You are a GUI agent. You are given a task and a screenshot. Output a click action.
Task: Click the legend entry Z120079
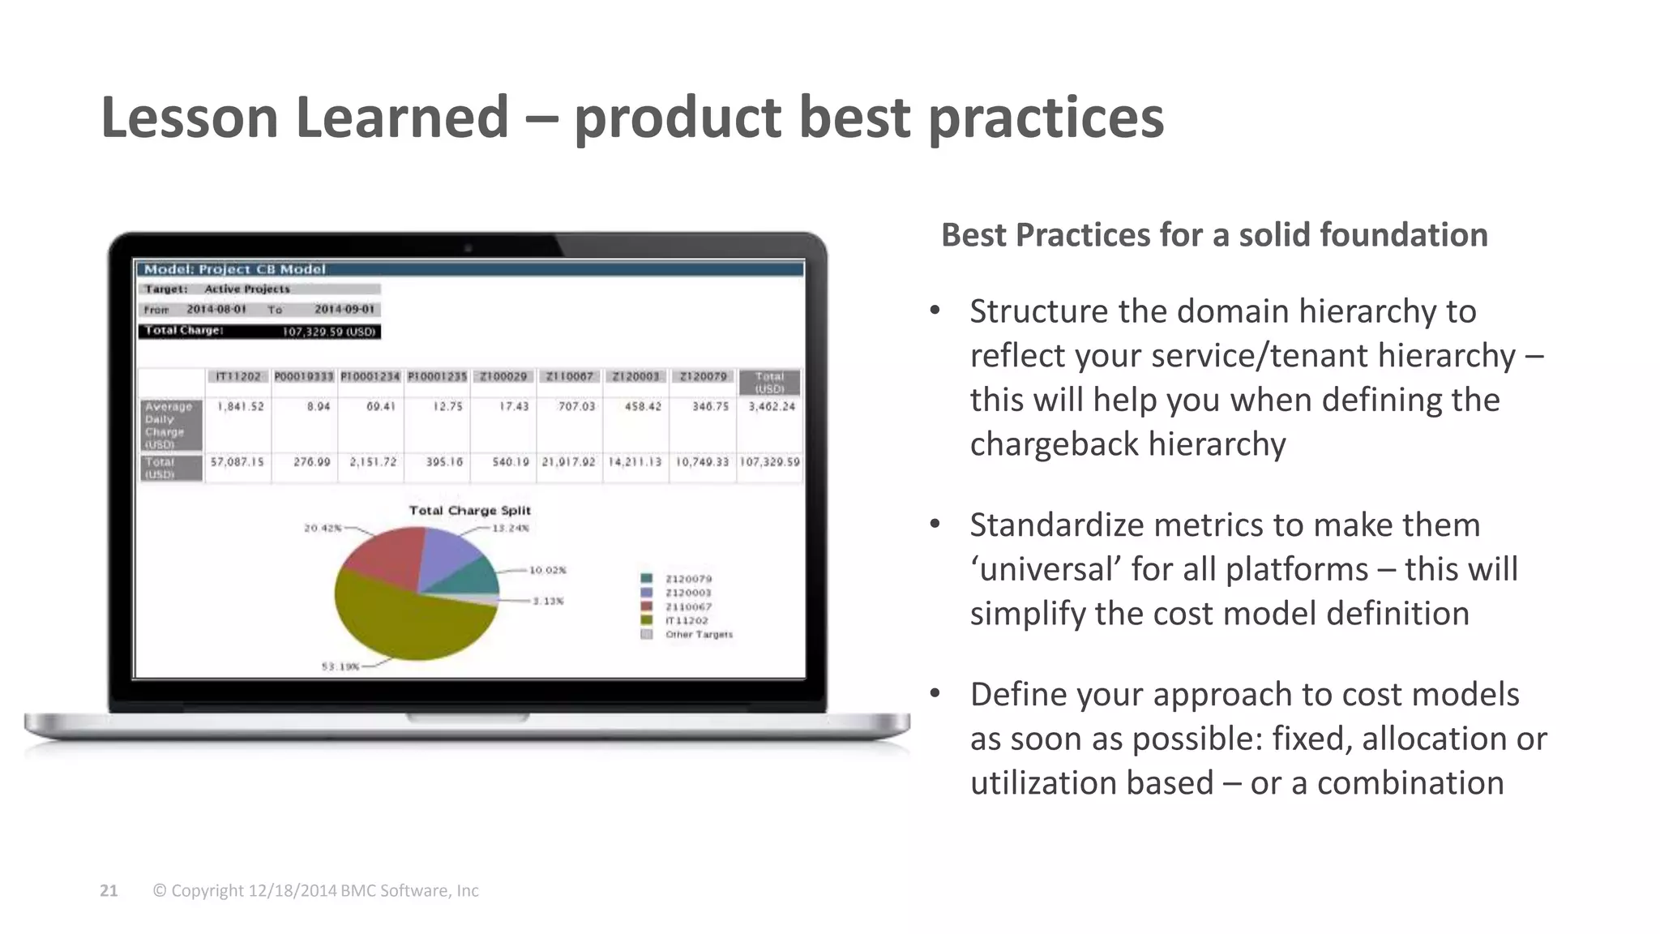(687, 579)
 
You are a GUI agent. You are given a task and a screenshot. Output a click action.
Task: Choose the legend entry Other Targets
(698, 634)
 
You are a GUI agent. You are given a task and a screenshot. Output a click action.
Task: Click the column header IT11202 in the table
(238, 377)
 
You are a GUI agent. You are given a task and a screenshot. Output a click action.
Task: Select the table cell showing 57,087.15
(237, 462)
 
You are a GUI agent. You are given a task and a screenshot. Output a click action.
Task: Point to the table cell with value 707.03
(575, 406)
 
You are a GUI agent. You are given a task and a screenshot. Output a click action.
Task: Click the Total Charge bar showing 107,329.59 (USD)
(259, 331)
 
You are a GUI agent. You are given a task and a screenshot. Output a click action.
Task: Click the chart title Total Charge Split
(469, 511)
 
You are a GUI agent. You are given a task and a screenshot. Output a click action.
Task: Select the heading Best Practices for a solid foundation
(1213, 235)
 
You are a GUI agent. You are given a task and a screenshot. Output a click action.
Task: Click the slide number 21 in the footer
(109, 891)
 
